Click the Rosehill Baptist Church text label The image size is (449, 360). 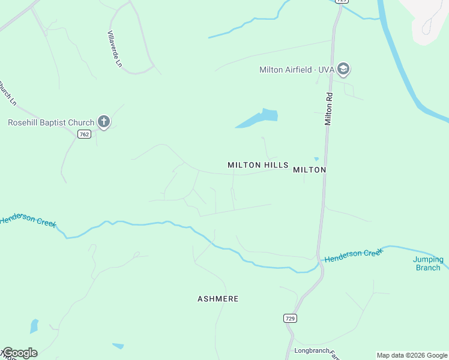51,123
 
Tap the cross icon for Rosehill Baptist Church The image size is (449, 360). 104,122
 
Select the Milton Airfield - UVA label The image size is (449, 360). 297,70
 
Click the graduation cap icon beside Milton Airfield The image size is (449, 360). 343,70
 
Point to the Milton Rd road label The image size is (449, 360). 329,109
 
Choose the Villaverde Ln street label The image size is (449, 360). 115,49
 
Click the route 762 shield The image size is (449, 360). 84,134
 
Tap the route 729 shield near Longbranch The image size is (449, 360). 291,318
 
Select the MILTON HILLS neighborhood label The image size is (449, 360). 258,165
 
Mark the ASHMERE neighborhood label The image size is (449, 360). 218,299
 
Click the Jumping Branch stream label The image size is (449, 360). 428,263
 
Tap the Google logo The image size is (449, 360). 20,353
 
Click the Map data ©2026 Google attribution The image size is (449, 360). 412,355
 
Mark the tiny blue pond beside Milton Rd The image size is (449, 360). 316,159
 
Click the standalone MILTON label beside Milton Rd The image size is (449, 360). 309,170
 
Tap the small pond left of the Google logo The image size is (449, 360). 34,326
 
